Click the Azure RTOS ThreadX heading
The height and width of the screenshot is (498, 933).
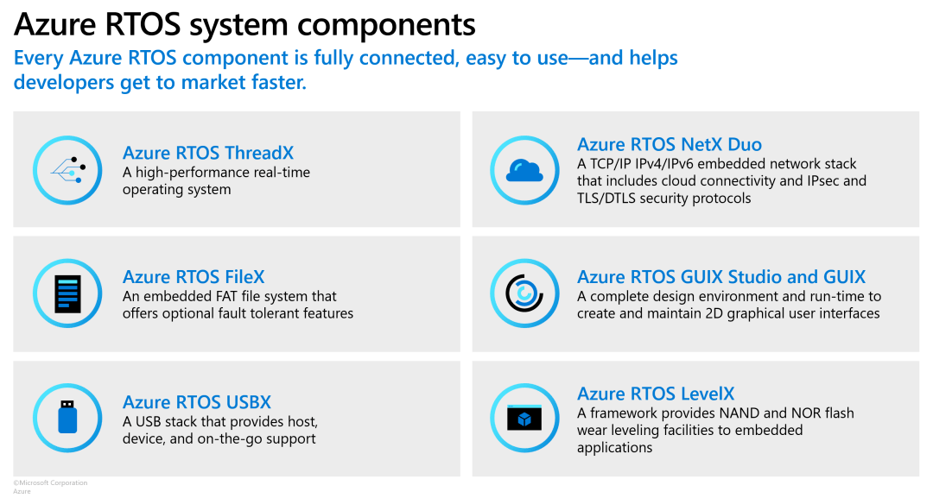coord(208,153)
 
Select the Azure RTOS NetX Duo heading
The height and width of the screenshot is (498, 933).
coord(670,144)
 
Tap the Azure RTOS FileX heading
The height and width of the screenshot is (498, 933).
coord(194,277)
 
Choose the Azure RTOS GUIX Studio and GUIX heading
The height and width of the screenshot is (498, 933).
coord(721,277)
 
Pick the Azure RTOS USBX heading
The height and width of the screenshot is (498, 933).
coord(197,402)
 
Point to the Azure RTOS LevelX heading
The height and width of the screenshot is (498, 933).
coord(656,394)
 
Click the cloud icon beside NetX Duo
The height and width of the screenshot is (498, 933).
coord(524,171)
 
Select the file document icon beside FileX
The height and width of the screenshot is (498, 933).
coord(68,293)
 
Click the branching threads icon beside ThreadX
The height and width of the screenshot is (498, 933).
coord(67,170)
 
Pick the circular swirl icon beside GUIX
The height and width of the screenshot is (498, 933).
coord(524,293)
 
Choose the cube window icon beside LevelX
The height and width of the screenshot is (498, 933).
coord(524,419)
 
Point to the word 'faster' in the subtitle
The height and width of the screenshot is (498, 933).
coord(276,84)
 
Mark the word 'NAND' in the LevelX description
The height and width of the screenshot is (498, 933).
coord(752,413)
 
